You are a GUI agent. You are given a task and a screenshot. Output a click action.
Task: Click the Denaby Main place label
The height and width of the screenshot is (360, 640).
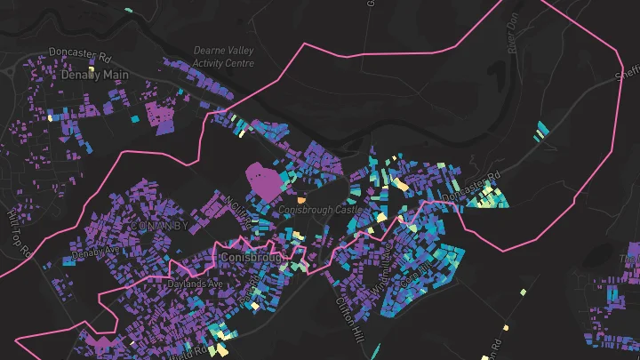click(x=95, y=76)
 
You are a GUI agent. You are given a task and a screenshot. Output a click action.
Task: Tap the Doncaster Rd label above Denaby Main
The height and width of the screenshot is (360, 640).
click(x=80, y=54)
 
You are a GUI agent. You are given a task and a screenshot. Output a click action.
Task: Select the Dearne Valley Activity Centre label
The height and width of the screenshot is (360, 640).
click(x=223, y=57)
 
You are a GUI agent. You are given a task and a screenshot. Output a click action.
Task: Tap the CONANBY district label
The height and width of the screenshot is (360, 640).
click(x=159, y=226)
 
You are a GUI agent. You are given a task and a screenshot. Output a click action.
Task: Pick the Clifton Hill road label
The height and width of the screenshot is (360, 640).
click(x=349, y=313)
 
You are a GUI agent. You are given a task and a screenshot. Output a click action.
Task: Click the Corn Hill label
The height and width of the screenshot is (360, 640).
click(x=417, y=266)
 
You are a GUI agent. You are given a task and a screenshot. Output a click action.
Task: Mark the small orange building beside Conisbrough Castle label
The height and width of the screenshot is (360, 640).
click(x=300, y=200)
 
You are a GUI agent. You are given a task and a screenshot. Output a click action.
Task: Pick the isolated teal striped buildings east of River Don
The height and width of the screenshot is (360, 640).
click(x=540, y=131)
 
